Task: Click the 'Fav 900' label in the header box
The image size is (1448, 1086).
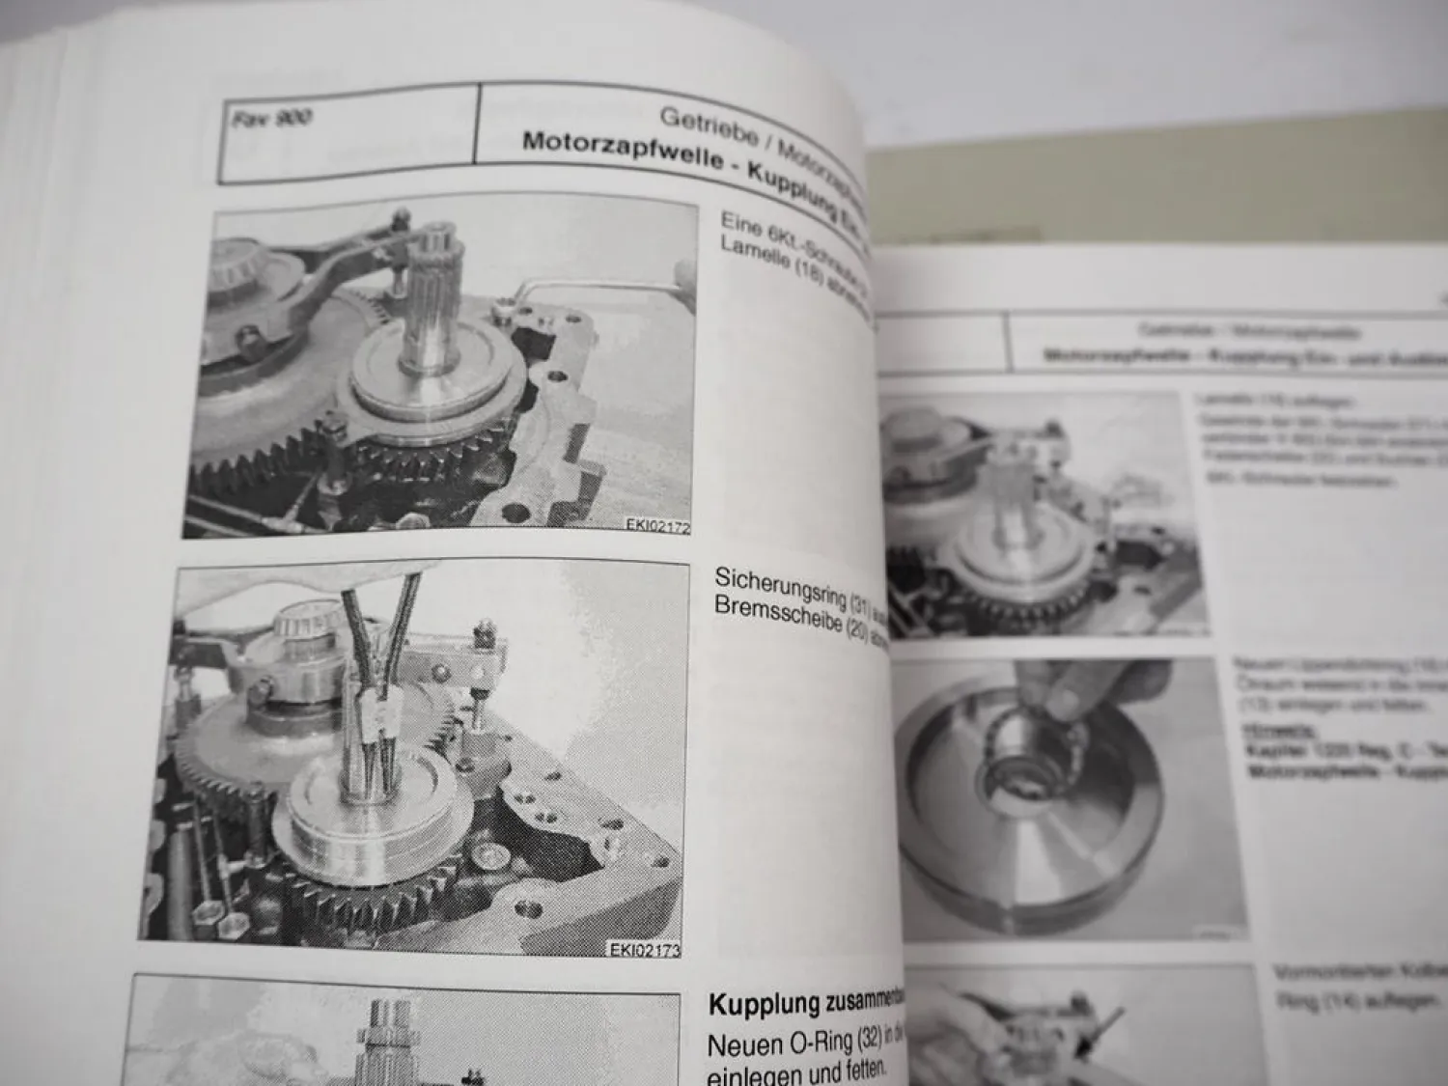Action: tap(272, 119)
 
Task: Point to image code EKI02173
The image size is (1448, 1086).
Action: tap(645, 950)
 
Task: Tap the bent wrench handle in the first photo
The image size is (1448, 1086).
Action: tap(618, 290)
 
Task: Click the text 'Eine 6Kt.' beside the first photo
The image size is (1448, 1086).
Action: tap(758, 226)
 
